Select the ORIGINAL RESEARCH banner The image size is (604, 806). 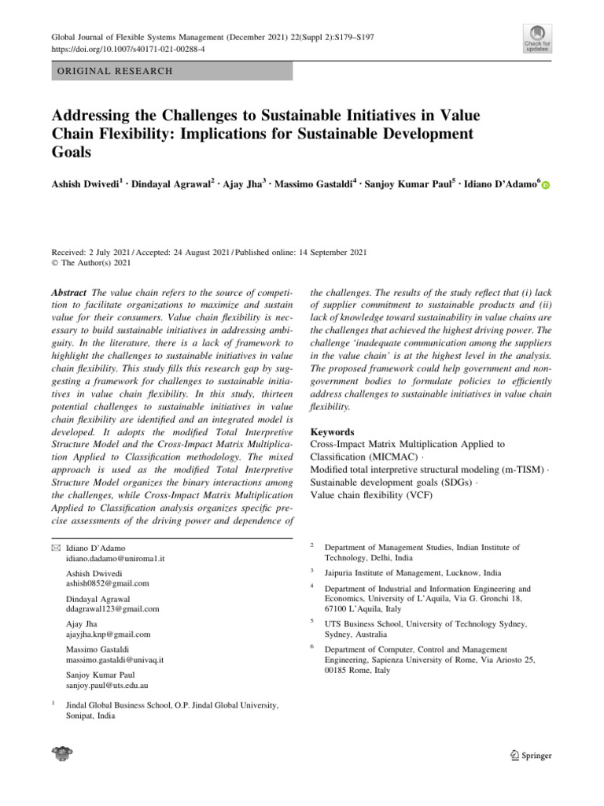click(171, 71)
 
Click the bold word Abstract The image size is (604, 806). click(69, 291)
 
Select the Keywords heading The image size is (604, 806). click(333, 432)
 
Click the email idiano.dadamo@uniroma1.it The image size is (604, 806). click(116, 558)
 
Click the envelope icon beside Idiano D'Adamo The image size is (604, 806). click(55, 547)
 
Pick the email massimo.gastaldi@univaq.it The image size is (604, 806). click(115, 660)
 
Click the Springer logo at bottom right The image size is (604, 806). click(526, 756)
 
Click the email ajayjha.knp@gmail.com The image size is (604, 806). click(109, 634)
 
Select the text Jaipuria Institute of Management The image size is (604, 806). click(387, 573)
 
